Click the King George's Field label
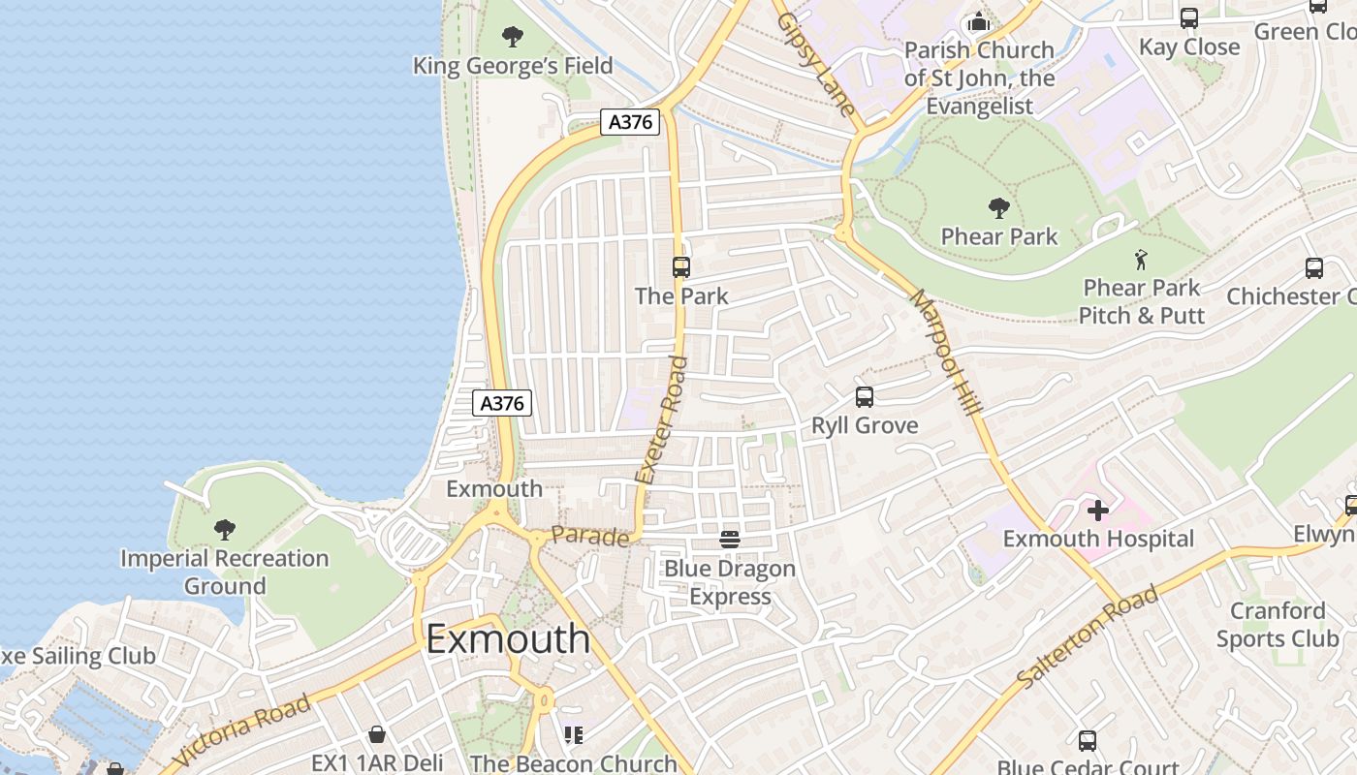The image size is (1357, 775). tap(513, 66)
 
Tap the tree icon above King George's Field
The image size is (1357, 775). tap(513, 38)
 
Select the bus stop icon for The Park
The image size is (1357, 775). tap(681, 267)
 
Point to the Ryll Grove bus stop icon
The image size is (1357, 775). tap(865, 396)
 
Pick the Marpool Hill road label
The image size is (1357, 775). tap(946, 354)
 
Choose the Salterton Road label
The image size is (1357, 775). tap(1087, 637)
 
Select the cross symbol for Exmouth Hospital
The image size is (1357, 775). tap(1098, 510)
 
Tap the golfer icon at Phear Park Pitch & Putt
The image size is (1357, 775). tap(1142, 260)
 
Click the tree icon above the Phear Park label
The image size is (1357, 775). tap(999, 208)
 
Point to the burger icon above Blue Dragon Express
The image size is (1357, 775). tap(730, 540)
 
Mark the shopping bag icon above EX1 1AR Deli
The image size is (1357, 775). tap(377, 734)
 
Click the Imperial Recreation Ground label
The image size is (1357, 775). tap(225, 572)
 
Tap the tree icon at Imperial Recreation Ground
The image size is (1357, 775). tap(225, 529)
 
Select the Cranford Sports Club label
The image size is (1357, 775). tap(1278, 625)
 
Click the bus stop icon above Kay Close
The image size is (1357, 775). tap(1189, 18)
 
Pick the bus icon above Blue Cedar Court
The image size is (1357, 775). tap(1088, 741)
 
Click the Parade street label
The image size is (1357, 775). tap(590, 536)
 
